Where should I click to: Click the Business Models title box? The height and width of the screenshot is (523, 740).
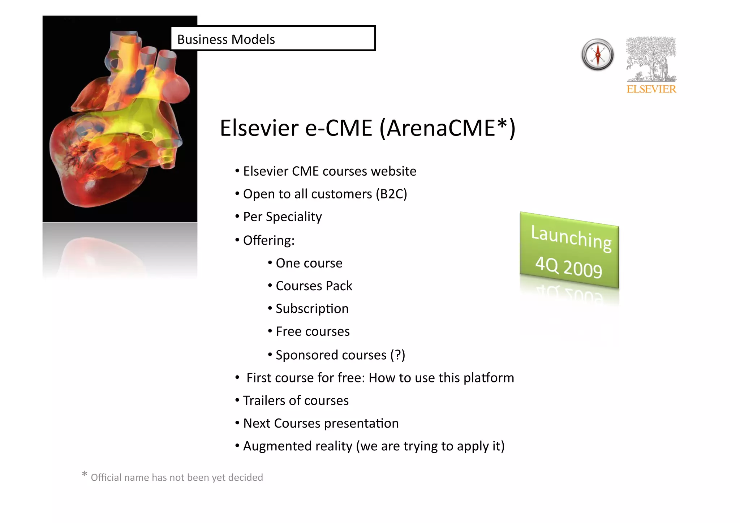(273, 38)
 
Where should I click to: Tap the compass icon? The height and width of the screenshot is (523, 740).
(598, 55)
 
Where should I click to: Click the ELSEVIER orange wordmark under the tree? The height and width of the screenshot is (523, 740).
(651, 89)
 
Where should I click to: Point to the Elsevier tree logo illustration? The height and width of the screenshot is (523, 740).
(651, 59)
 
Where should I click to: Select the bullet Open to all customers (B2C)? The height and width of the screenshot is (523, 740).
(325, 194)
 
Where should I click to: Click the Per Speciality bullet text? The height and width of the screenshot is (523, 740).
(282, 217)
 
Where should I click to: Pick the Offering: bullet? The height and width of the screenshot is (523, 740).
(269, 240)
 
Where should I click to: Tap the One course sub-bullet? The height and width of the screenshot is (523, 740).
(309, 263)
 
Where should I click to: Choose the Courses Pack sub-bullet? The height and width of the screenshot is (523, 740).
(314, 286)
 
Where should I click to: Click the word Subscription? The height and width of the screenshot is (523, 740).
(312, 309)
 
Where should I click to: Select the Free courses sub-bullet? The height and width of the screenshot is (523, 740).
(313, 331)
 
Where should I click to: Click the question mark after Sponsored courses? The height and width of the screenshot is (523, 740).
(397, 355)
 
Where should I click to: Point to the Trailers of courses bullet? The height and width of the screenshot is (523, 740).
(296, 400)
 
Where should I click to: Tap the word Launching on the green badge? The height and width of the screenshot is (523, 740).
(571, 237)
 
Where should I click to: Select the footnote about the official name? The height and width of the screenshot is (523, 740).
(177, 477)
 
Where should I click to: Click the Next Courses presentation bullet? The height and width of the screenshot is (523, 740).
(321, 423)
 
